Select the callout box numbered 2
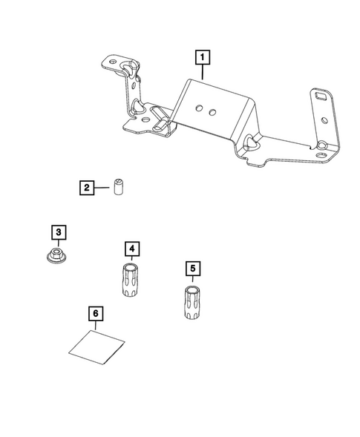(87, 188)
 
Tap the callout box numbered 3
(59, 233)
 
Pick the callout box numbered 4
(131, 248)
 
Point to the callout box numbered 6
(95, 314)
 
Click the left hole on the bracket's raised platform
(199, 108)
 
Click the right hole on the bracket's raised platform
(212, 111)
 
